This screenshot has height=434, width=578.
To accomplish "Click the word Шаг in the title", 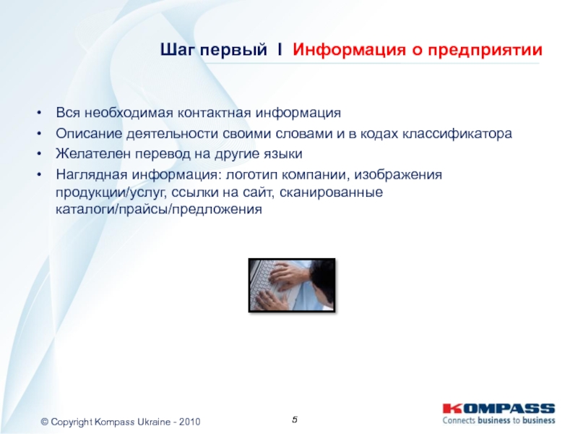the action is click(176, 49).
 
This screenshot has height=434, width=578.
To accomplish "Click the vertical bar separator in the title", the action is click(280, 49).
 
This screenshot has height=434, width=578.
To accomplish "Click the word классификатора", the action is click(457, 134).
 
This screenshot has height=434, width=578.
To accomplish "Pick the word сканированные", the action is click(331, 192).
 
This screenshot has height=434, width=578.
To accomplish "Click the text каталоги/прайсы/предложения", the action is click(159, 210).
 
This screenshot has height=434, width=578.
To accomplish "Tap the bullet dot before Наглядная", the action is click(39, 174).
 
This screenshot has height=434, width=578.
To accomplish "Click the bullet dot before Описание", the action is click(39, 134).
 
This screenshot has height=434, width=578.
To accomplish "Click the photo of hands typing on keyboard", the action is click(292, 285).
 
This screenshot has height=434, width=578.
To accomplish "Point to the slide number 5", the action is click(295, 420).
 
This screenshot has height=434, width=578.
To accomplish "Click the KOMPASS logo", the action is click(499, 409).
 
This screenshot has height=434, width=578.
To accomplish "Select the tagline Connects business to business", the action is click(499, 420).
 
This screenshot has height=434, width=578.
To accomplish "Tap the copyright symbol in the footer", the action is click(45, 422).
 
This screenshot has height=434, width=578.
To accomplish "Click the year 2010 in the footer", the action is click(189, 422).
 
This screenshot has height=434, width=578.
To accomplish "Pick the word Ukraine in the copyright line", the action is click(154, 422).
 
